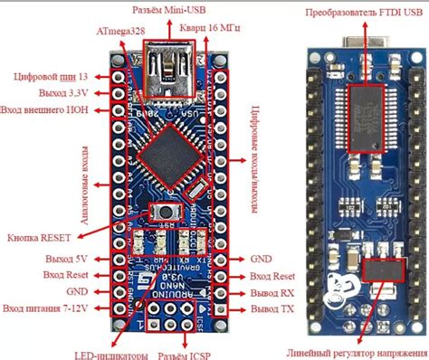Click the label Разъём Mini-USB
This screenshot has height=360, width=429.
point(172,10)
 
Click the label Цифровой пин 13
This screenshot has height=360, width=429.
point(52,77)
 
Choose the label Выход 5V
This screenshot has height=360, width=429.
point(66,259)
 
